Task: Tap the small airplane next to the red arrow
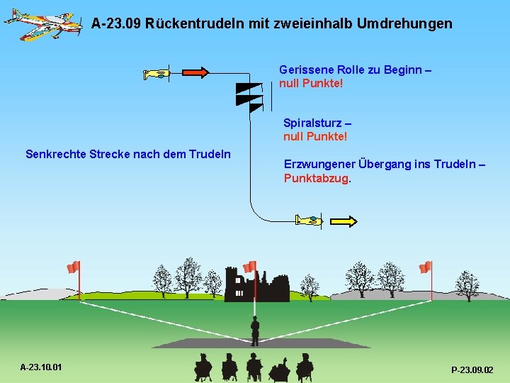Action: click(x=157, y=73)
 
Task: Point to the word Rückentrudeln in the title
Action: click(x=195, y=23)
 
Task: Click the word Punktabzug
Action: click(x=317, y=178)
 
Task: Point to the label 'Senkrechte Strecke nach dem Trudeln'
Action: click(x=127, y=153)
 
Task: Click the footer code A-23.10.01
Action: click(x=41, y=367)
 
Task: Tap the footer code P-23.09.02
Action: click(x=472, y=370)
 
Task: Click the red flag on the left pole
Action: click(x=73, y=267)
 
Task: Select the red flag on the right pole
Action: click(x=425, y=267)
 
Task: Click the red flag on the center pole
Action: click(x=249, y=267)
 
